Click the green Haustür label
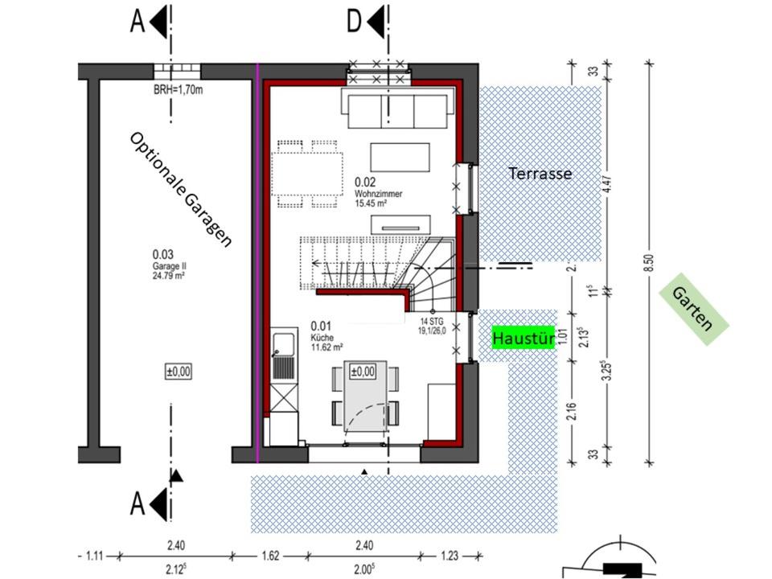(524, 338)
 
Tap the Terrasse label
(540, 174)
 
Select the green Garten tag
(693, 309)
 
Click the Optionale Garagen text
(180, 190)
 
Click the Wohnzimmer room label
(378, 194)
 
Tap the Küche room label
(322, 338)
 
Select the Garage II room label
(169, 266)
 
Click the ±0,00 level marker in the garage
(179, 372)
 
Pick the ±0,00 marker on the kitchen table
(363, 372)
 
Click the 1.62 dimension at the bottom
(270, 556)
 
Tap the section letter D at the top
(354, 22)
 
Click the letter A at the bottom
(138, 504)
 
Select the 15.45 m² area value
(370, 203)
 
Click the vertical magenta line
(257, 264)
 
